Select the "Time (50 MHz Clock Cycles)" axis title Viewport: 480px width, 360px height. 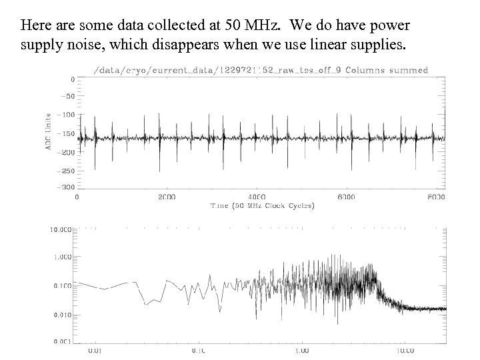(263, 205)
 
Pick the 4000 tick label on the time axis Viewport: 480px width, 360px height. (257, 197)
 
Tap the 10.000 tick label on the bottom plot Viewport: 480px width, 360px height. (60, 230)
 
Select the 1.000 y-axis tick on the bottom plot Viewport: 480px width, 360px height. (62, 257)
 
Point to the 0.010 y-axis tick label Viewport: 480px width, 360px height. (62, 313)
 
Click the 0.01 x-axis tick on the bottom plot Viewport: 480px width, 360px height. (95, 349)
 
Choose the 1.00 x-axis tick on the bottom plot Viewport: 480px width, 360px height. (302, 349)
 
